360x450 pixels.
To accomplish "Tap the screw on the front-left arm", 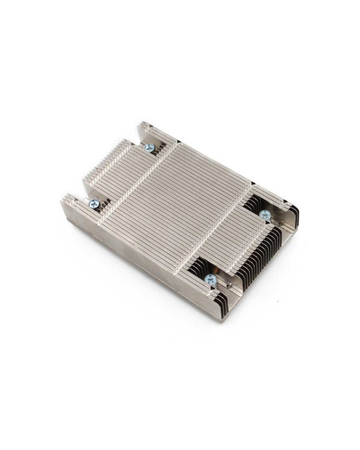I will [94, 204].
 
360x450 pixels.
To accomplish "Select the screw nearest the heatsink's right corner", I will [265, 215].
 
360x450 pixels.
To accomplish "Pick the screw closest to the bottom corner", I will [210, 279].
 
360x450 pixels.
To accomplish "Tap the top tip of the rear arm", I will [141, 124].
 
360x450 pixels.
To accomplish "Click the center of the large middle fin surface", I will [182, 207].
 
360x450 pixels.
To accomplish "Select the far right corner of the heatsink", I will [298, 210].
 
